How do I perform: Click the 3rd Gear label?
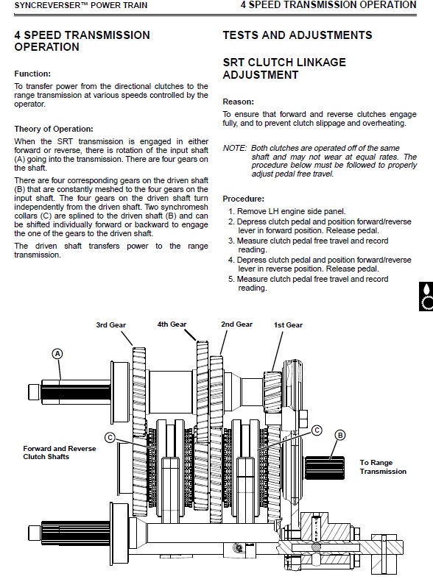[x=110, y=325]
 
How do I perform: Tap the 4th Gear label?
[x=172, y=324]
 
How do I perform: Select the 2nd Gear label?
[x=236, y=324]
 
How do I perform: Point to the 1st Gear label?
[x=288, y=325]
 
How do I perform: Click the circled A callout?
[x=57, y=354]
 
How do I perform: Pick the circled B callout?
[x=340, y=435]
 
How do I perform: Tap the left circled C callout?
[x=110, y=438]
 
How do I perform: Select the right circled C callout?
[x=317, y=430]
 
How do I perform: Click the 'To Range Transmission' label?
[x=383, y=467]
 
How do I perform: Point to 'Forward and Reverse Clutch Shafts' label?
[x=60, y=453]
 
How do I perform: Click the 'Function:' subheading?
[x=32, y=74]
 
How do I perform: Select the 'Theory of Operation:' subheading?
[x=54, y=129]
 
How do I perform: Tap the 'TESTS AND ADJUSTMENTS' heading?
[x=298, y=35]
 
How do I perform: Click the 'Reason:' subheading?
[x=239, y=102]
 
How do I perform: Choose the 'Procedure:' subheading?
[x=244, y=199]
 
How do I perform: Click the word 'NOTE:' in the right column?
[x=235, y=148]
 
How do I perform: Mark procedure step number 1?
[x=231, y=212]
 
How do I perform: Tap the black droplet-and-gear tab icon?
[x=426, y=297]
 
